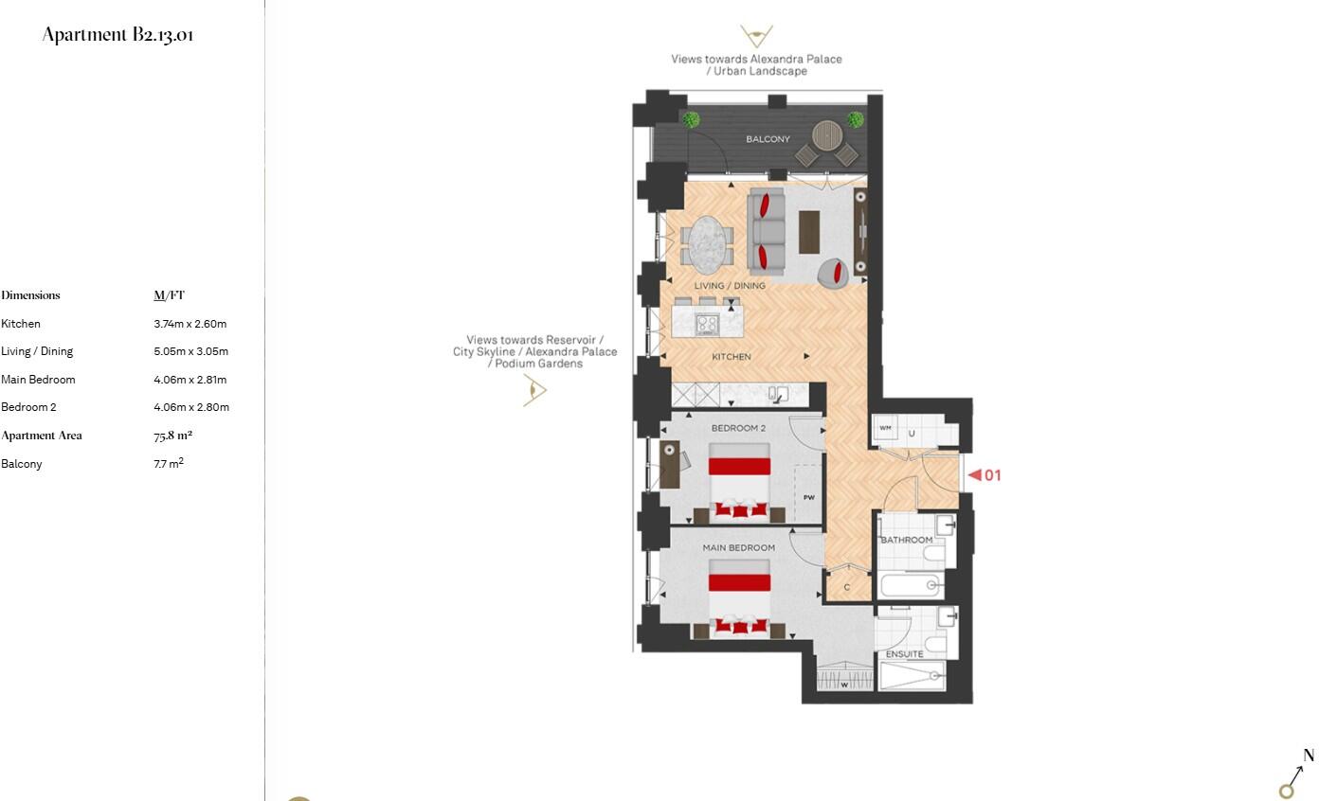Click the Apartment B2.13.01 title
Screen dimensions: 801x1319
(117, 35)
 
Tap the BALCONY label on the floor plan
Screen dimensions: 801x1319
(768, 139)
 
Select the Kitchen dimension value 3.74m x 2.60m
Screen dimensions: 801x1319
(190, 324)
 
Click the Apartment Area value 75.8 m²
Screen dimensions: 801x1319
(172, 436)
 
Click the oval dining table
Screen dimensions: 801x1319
(705, 243)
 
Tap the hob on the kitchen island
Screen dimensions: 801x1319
(707, 324)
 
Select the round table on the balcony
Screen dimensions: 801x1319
(826, 134)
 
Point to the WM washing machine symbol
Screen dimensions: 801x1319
(885, 428)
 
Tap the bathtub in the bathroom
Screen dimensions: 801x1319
(910, 585)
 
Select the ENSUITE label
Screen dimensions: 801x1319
(904, 654)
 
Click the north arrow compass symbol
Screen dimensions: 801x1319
(1295, 776)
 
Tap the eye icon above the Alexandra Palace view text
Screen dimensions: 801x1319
(756, 37)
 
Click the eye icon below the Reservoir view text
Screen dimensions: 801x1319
(535, 390)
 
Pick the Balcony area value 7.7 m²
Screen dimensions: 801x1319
(168, 464)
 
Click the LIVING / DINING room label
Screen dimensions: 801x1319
(730, 286)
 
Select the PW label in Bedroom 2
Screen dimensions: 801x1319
(809, 497)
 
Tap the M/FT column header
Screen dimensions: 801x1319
(169, 295)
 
